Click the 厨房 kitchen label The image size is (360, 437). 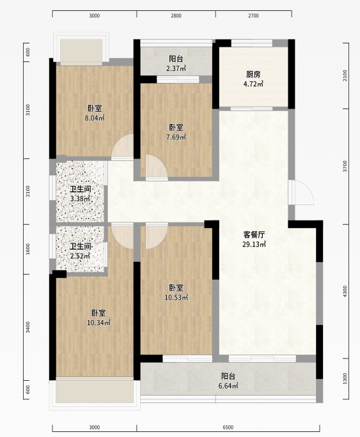(x=253, y=74)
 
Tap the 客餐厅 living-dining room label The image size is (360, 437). (x=254, y=234)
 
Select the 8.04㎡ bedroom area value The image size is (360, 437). (x=95, y=118)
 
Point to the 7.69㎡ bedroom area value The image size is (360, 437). (x=176, y=137)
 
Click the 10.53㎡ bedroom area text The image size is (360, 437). (x=176, y=297)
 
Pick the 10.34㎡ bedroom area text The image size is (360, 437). (x=98, y=323)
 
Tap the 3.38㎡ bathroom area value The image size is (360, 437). (x=80, y=199)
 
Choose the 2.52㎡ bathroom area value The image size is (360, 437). (x=80, y=256)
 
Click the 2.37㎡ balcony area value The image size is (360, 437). (x=176, y=68)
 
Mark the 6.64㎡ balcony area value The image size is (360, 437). (x=228, y=386)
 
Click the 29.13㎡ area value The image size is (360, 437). (x=254, y=245)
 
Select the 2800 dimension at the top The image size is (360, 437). (x=176, y=16)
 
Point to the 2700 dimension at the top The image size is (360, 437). (x=253, y=16)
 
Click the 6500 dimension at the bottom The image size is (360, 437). (x=228, y=427)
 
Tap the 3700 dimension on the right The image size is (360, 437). (x=345, y=166)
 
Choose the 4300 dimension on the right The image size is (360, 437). (x=345, y=291)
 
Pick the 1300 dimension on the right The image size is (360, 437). (x=345, y=378)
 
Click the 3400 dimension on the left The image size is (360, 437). (x=27, y=327)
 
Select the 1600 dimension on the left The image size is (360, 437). (x=27, y=249)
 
